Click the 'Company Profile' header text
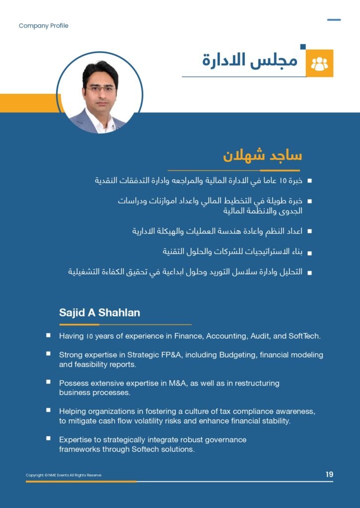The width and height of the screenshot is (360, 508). point(43,26)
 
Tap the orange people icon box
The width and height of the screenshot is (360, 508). point(319,63)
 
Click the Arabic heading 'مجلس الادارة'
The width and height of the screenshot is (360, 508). point(250,61)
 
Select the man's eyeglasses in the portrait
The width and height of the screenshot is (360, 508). point(100,89)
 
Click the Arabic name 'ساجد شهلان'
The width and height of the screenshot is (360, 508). point(262,155)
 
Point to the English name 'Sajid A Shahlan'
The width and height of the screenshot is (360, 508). point(99,313)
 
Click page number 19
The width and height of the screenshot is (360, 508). point(329,475)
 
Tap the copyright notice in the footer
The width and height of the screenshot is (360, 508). point(64,475)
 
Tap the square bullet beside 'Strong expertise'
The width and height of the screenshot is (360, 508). point(48,354)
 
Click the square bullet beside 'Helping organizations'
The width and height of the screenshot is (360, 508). point(48,411)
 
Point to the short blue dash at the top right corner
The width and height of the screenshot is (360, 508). point(334,20)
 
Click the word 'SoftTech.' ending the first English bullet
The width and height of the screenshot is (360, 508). point(304,336)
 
